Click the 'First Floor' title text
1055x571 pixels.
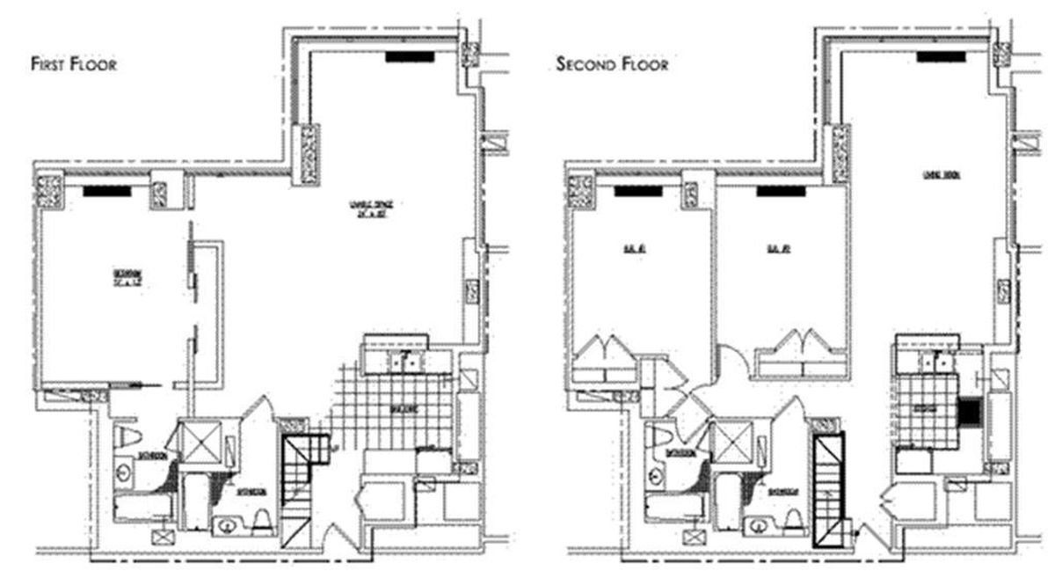coord(74,64)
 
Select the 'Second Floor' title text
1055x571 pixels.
coord(612,64)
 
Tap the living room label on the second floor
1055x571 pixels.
coord(939,174)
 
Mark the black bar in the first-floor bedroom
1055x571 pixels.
coord(107,189)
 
